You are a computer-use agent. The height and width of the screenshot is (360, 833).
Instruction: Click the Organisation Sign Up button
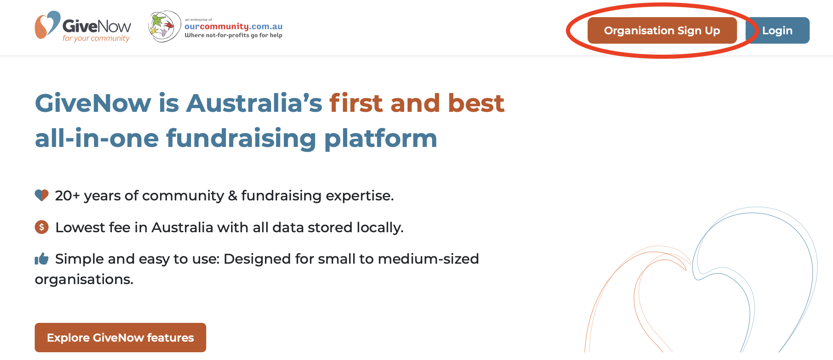662,30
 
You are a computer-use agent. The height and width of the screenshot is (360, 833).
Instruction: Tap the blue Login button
777,30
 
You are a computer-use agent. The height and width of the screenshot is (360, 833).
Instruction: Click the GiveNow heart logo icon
47,25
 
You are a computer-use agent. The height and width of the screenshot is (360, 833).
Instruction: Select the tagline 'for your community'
96,38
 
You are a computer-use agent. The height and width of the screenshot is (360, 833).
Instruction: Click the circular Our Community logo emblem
165,27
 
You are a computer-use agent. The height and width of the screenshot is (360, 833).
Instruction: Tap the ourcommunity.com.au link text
234,27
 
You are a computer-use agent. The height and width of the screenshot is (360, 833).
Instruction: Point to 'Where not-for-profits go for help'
234,35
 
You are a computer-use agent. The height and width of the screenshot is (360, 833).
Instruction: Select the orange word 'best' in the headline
476,103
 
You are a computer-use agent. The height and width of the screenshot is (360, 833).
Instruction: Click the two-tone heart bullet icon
42,195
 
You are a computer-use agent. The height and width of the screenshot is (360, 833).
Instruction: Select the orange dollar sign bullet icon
42,227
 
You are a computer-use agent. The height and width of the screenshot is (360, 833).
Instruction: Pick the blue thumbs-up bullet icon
42,258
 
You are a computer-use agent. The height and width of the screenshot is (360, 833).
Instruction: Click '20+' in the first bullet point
67,196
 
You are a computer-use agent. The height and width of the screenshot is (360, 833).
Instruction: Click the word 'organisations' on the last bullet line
84,280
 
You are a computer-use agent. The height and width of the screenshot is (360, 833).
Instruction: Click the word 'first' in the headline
356,103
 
